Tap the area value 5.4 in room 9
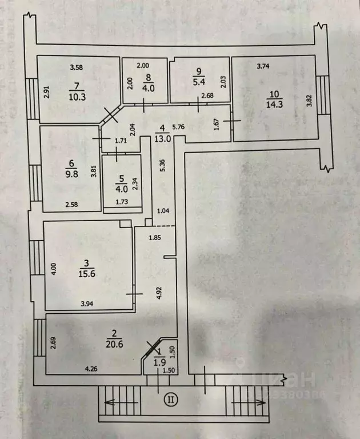(199, 82)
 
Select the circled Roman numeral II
(170, 399)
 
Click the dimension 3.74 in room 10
(263, 67)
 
